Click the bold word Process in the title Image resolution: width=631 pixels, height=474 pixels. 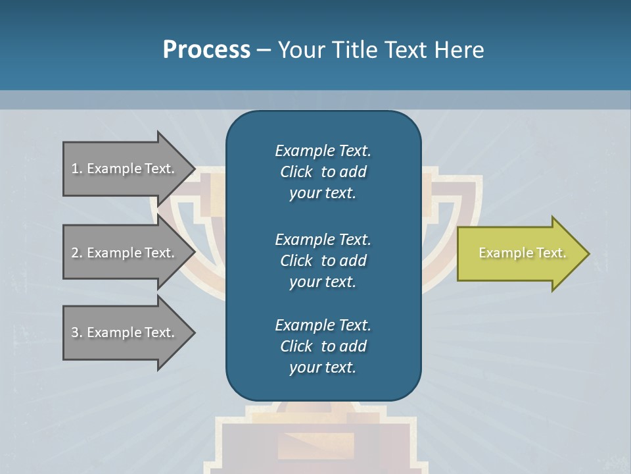click(206, 49)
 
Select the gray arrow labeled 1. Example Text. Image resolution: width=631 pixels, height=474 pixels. click(123, 169)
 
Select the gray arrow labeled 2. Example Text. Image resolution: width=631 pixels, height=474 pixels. click(123, 253)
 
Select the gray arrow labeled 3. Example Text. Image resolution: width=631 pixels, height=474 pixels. click(123, 332)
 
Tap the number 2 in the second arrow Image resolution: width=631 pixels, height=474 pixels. click(75, 253)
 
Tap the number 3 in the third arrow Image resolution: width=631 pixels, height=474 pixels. click(75, 332)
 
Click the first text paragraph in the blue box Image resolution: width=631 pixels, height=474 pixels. click(323, 172)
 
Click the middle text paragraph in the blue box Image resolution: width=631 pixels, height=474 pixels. click(323, 260)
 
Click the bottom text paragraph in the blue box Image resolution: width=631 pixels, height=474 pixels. click(323, 346)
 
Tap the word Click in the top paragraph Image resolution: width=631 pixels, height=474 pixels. click(296, 172)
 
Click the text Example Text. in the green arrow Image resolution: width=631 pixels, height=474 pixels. click(522, 253)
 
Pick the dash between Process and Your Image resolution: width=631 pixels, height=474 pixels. click(264, 50)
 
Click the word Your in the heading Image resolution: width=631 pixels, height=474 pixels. click(300, 49)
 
